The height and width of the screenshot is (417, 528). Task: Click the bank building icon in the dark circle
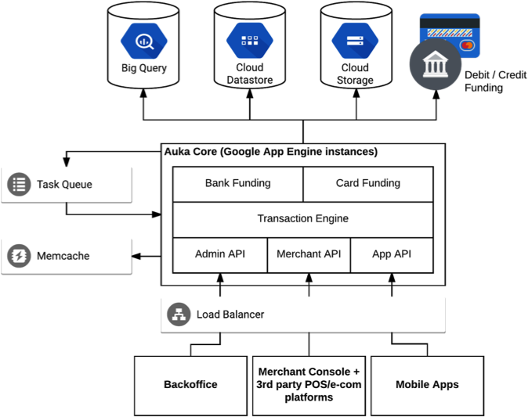[436, 64]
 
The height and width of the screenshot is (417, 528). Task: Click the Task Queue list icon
[19, 185]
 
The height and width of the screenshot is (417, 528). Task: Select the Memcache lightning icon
[19, 256]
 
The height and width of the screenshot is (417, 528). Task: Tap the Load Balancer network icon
[179, 315]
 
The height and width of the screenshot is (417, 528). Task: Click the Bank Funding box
[237, 184]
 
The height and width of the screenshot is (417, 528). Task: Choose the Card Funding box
[367, 184]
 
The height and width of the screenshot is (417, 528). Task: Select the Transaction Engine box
[302, 219]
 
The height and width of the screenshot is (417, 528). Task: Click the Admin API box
[220, 254]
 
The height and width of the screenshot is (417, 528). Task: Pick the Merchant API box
[309, 254]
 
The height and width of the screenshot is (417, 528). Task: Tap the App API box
[392, 254]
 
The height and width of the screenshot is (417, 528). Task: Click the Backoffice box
[190, 385]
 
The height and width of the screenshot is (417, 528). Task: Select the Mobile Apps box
[427, 385]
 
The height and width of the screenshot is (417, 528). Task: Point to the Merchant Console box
[309, 385]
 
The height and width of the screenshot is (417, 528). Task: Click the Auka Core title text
[270, 152]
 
